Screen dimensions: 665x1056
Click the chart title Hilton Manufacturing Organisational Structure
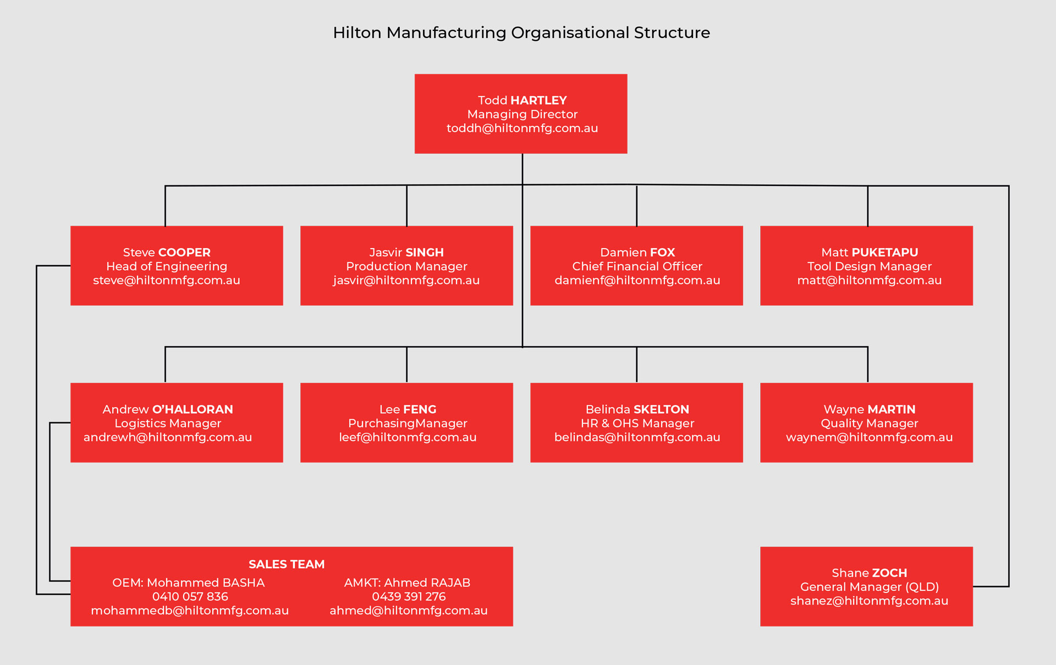(x=521, y=33)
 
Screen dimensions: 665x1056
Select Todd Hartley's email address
(x=522, y=128)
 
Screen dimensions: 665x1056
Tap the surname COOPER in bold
(x=184, y=252)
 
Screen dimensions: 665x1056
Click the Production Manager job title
(x=406, y=266)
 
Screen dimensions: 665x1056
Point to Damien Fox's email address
(x=637, y=281)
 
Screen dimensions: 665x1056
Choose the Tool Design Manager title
(x=869, y=266)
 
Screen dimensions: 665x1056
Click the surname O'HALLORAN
(x=193, y=409)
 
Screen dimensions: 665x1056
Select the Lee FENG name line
(x=408, y=409)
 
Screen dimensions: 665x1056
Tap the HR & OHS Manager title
(x=637, y=424)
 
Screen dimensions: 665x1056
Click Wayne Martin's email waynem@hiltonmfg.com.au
(x=869, y=437)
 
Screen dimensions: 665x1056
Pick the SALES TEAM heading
(x=287, y=564)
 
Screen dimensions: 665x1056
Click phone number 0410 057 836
(x=190, y=597)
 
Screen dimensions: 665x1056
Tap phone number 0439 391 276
(x=409, y=597)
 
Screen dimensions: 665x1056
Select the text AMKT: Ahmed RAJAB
(x=407, y=582)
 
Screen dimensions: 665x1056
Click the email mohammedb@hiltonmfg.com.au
(x=190, y=611)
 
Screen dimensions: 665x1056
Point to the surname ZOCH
(x=888, y=573)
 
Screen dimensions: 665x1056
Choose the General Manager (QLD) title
(x=869, y=587)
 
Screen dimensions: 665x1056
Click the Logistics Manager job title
(x=168, y=424)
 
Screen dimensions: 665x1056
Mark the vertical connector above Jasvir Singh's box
(x=406, y=206)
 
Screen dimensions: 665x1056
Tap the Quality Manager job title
(x=869, y=424)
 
